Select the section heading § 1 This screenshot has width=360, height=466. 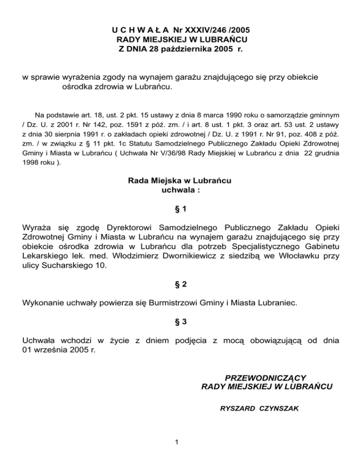click(x=180, y=208)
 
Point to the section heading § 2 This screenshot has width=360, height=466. click(x=180, y=284)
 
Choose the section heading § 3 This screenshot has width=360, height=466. click(x=180, y=322)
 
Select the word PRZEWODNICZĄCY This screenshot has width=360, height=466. click(x=266, y=378)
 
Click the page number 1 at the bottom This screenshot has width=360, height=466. click(x=174, y=441)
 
